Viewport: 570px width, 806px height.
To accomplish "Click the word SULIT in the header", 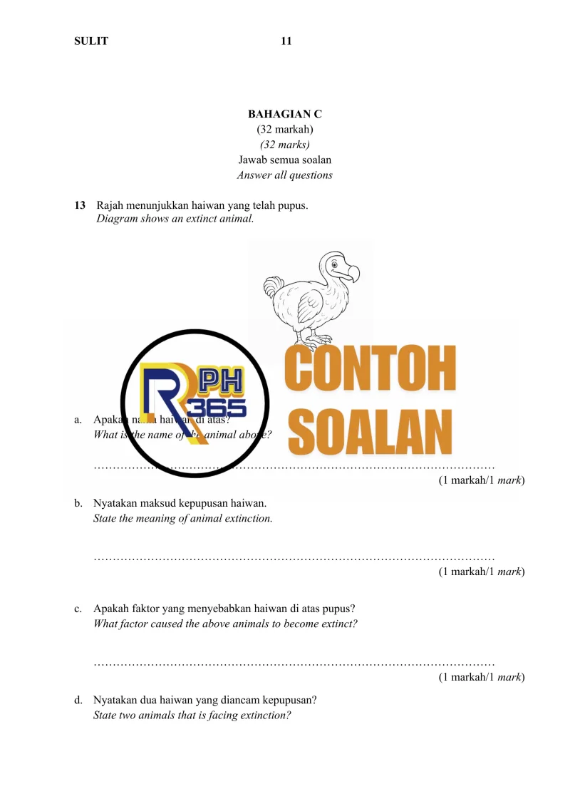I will [x=91, y=41].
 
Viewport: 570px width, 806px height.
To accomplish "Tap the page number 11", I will [x=286, y=41].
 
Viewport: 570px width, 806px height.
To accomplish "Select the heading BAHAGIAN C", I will [x=285, y=114].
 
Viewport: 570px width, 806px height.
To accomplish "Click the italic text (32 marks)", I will [x=285, y=145].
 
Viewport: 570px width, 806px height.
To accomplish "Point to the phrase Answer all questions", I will [x=285, y=175].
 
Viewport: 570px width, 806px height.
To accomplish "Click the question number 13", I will [x=80, y=206].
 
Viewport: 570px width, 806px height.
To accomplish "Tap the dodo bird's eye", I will [x=334, y=265].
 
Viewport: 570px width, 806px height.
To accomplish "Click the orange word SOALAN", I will [x=370, y=431].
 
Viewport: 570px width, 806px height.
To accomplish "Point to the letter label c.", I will [x=77, y=609].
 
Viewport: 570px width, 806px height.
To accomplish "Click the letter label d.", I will [x=77, y=700].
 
